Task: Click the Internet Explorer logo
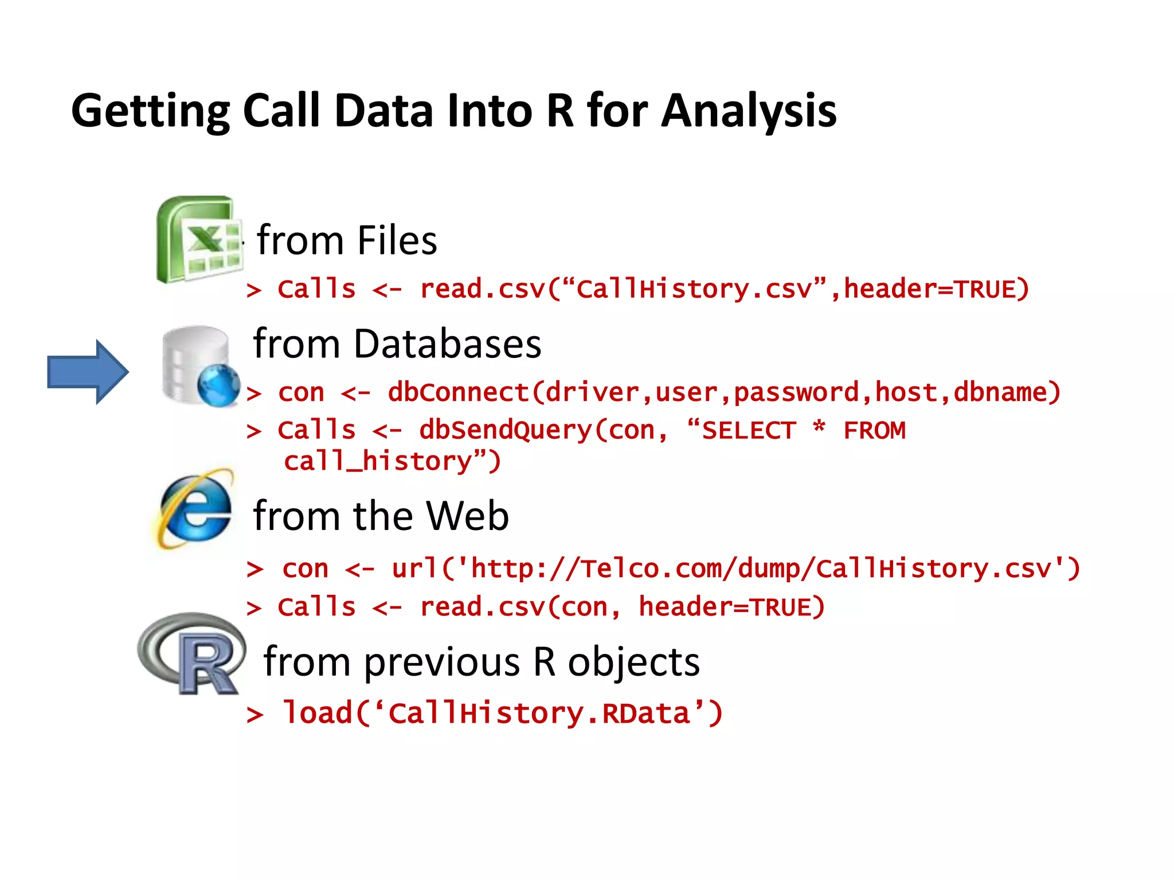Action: click(x=195, y=508)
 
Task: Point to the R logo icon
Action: click(x=193, y=654)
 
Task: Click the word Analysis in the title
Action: click(x=749, y=111)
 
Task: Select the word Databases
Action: click(x=447, y=344)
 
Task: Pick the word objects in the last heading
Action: click(x=633, y=662)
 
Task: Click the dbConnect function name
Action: click(x=459, y=393)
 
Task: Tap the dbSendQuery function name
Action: click(x=504, y=430)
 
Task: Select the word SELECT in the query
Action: click(x=749, y=431)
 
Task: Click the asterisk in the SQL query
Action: click(x=819, y=427)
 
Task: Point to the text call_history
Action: click(x=378, y=462)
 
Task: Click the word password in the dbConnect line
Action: click(x=796, y=393)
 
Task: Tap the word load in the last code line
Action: click(x=317, y=713)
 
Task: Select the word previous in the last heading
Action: click(x=441, y=662)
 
